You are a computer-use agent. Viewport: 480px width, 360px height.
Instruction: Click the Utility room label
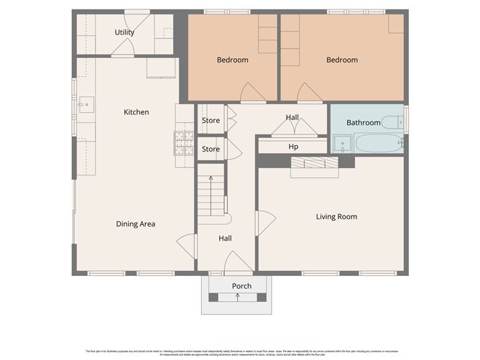point(126,33)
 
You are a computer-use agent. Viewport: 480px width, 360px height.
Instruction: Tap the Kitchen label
point(137,112)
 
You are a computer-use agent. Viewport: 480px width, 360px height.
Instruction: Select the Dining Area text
point(136,224)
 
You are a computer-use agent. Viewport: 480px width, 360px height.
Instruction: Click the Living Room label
point(336,216)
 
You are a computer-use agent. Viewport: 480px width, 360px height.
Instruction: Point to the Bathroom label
point(363,123)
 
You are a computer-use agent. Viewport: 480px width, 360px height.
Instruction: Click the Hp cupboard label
point(293,147)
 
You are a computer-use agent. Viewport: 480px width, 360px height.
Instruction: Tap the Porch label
point(241,286)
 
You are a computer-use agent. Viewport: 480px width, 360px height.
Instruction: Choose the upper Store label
point(211,121)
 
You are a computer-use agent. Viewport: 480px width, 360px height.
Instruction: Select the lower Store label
point(211,149)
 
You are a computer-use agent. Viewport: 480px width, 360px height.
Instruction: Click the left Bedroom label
point(232,60)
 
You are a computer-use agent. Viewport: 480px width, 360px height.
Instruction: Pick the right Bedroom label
point(342,60)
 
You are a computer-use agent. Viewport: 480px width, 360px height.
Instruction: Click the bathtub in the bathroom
point(379,143)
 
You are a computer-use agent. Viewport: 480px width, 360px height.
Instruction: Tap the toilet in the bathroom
point(392,122)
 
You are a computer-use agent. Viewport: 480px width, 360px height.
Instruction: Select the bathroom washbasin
point(343,144)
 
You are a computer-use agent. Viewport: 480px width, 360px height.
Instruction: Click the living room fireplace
point(313,164)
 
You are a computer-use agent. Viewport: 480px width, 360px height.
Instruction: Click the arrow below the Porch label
point(238,297)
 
